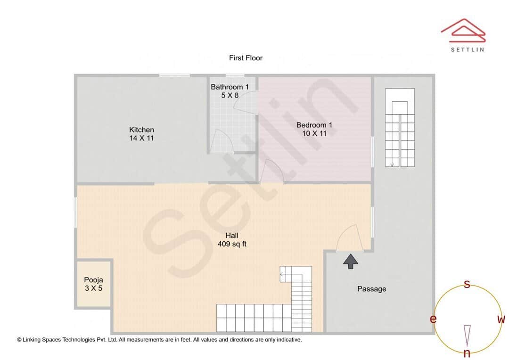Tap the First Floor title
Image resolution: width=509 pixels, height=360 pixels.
(x=246, y=58)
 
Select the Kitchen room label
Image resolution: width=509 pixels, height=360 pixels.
(x=141, y=134)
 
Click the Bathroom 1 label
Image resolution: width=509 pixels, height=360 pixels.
(x=230, y=91)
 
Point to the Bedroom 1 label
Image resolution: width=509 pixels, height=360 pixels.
(x=314, y=129)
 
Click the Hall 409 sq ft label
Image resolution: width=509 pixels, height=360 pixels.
(x=232, y=240)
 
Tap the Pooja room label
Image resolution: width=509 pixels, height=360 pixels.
(x=93, y=284)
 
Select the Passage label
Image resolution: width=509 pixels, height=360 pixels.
(x=371, y=289)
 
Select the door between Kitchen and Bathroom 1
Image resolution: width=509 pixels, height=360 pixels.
(x=221, y=141)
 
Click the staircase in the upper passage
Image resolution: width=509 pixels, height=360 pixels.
(x=400, y=128)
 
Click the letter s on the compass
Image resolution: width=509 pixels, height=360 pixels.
(x=467, y=284)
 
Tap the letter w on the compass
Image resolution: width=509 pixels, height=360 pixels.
(x=501, y=319)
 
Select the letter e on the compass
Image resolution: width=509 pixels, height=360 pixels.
(x=433, y=319)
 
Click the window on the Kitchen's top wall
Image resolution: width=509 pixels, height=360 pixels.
(x=174, y=75)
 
